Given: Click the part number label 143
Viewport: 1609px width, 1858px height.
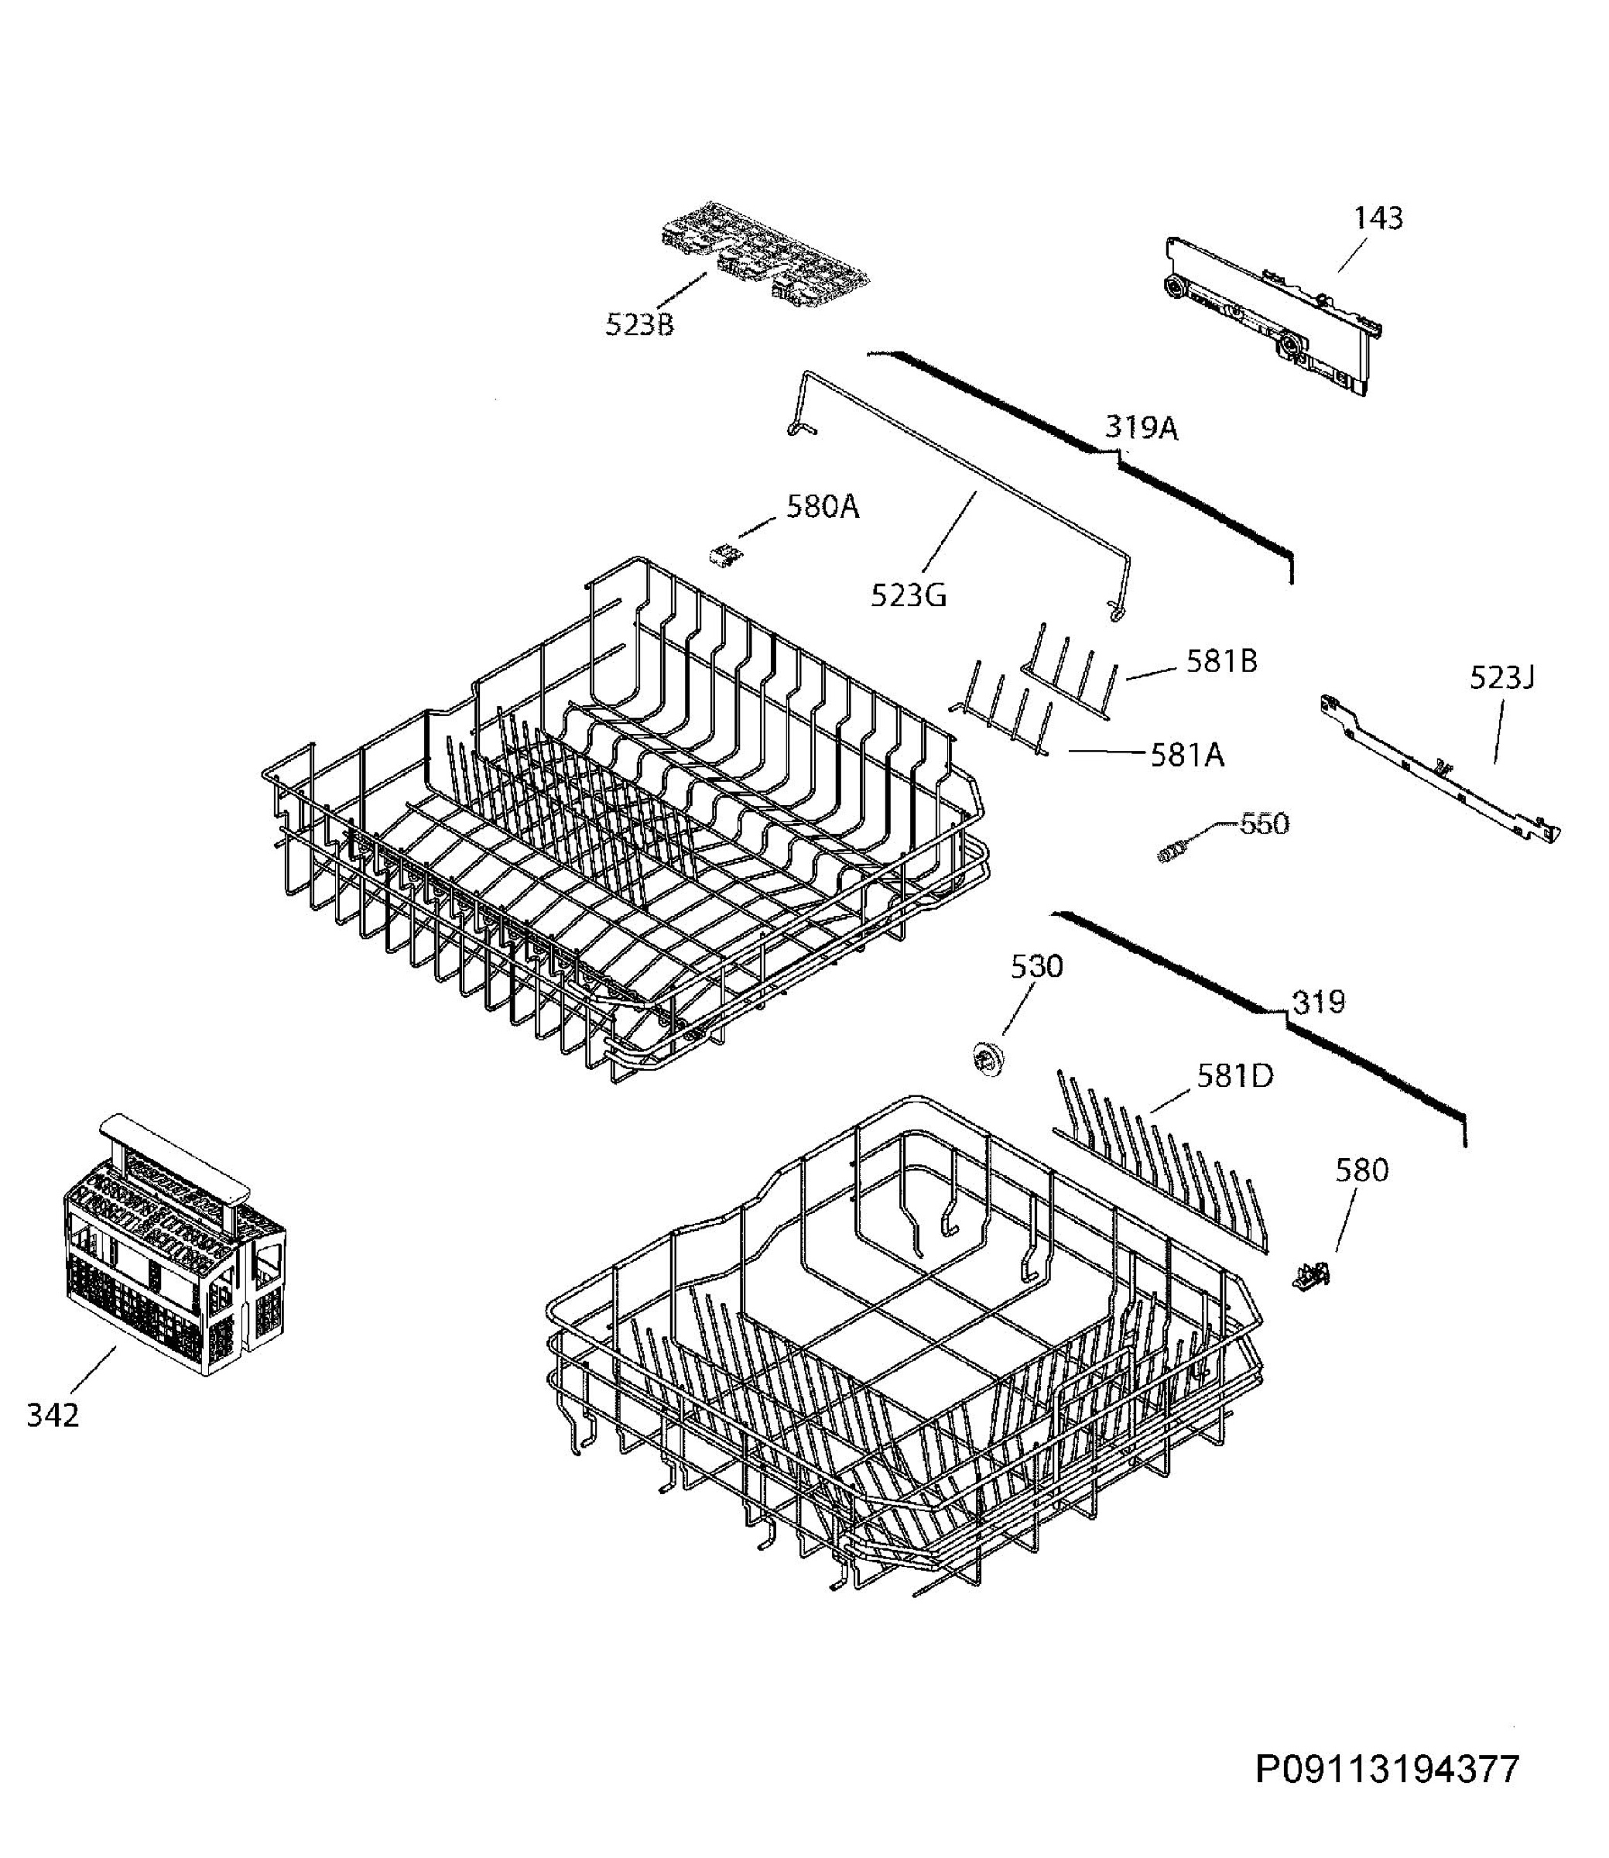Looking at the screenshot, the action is point(1378,218).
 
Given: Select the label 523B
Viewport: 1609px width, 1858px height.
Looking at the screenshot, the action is point(639,324).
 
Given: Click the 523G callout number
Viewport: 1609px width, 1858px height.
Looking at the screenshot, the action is point(909,595).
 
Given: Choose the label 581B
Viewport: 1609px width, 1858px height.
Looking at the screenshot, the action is point(1222,661).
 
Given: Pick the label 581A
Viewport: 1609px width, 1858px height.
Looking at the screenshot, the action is point(1187,756).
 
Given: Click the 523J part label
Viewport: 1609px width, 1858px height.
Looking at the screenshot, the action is point(1502,677).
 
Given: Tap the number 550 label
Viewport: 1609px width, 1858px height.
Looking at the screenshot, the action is point(1265,824).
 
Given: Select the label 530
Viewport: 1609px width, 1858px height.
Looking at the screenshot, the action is point(1037,966).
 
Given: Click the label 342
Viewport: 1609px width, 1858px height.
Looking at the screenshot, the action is point(53,1415).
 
